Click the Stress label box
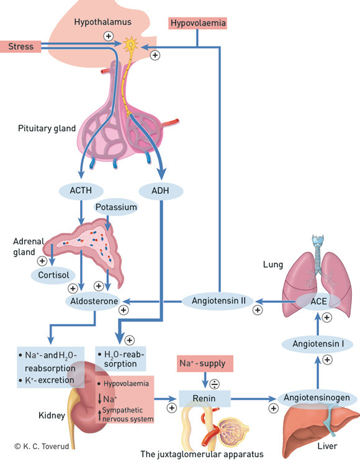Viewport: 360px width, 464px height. pos(21,46)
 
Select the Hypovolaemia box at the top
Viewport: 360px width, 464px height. pos(197,24)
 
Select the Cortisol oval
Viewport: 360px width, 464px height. pos(55,275)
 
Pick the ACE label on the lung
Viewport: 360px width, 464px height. pos(319,301)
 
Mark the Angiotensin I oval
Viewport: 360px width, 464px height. pos(318,343)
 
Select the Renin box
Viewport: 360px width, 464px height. pos(204,398)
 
